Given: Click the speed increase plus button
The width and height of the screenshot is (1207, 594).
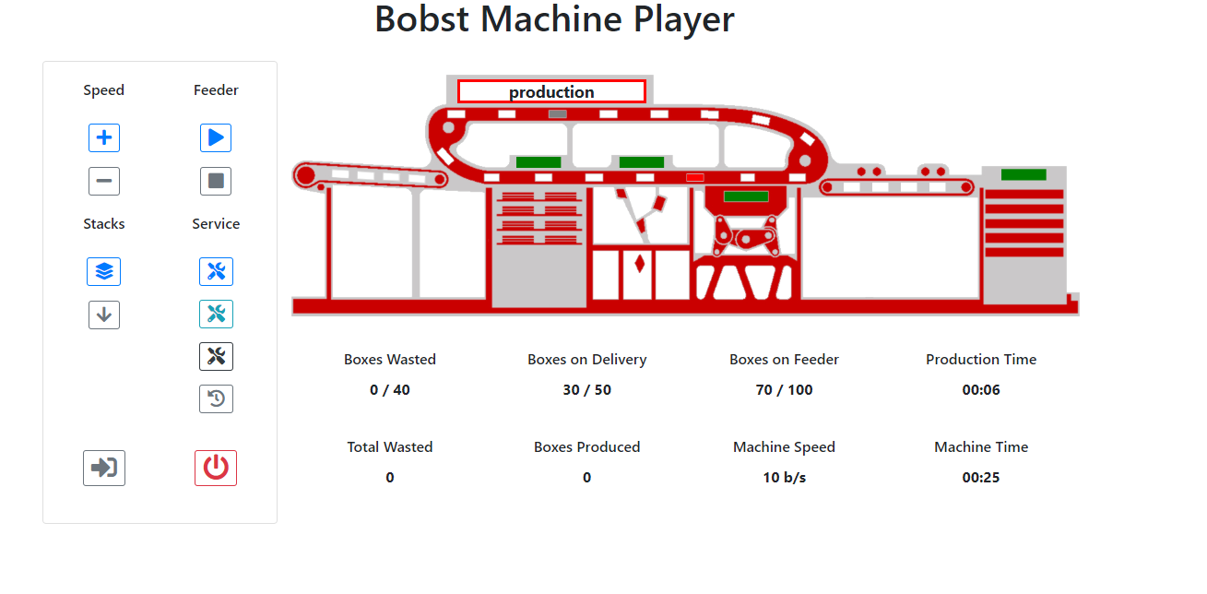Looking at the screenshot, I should (x=104, y=137).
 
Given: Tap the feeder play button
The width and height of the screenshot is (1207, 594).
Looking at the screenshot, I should (x=216, y=137).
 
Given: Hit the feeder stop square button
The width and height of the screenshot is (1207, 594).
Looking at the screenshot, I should (x=216, y=181).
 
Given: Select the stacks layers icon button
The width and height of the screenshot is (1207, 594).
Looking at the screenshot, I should (x=104, y=271).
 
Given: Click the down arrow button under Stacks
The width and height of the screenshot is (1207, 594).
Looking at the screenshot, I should (x=104, y=315).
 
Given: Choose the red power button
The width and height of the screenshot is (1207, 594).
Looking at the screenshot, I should (x=216, y=468).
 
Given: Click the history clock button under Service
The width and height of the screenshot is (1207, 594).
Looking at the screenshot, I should (x=216, y=398).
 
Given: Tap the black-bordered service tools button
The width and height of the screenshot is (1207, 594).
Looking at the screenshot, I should (x=216, y=356).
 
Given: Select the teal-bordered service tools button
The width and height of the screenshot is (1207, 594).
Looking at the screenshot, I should (x=216, y=314).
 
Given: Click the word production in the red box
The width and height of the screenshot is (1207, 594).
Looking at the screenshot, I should (x=551, y=91).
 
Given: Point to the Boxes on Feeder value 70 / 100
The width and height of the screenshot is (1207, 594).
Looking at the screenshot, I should (x=784, y=389).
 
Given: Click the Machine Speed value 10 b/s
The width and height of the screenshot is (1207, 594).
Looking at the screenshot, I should (x=784, y=477).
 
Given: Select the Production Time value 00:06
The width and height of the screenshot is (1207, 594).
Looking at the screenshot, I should (x=981, y=389).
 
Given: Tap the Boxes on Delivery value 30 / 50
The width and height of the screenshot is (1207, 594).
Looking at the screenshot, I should (x=586, y=389).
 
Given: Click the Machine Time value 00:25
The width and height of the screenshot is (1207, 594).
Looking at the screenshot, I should (x=981, y=477).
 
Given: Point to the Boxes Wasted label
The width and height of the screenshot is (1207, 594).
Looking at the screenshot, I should (x=390, y=359).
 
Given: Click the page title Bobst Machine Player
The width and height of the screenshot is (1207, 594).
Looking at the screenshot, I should (x=554, y=19).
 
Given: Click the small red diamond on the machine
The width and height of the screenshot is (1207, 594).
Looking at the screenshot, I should (x=639, y=264).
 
